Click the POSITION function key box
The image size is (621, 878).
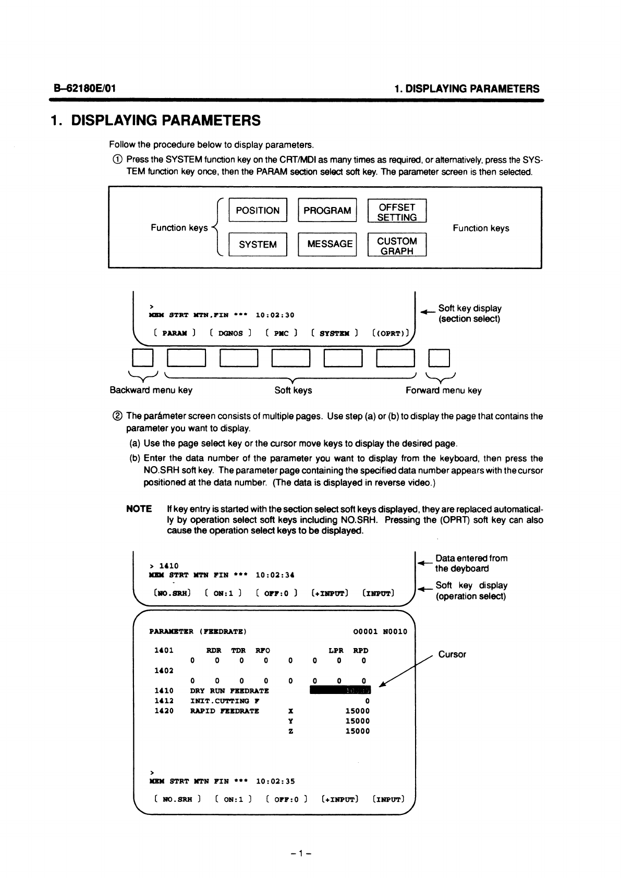pyautogui.click(x=258, y=211)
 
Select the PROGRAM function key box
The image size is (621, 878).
pyautogui.click(x=327, y=211)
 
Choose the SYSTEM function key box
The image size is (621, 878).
pyautogui.click(x=258, y=245)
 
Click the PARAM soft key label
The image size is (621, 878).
pyautogui.click(x=175, y=333)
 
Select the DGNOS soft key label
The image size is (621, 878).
pyautogui.click(x=230, y=333)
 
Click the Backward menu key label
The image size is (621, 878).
pyautogui.click(x=151, y=390)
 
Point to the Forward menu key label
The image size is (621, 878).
pyautogui.click(x=444, y=391)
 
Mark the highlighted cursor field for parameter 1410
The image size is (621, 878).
pyautogui.click(x=340, y=691)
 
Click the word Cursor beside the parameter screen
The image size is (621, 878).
pyautogui.click(x=452, y=654)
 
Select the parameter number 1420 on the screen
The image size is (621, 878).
pyautogui.click(x=164, y=711)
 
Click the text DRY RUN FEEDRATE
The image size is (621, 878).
pyautogui.click(x=229, y=691)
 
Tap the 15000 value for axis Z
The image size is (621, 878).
pyautogui.click(x=358, y=731)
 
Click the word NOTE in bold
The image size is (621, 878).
pyautogui.click(x=139, y=509)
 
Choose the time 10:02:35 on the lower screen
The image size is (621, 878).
pyautogui.click(x=275, y=781)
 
